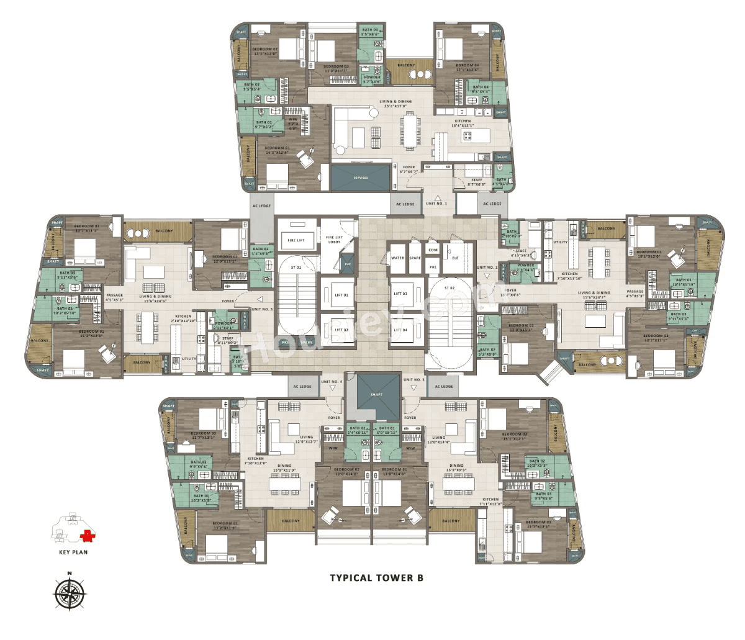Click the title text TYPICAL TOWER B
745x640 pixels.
click(x=376, y=578)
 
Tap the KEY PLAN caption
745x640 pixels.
click(x=73, y=552)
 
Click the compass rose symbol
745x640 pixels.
click(x=70, y=593)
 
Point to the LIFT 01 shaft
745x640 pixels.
click(x=341, y=295)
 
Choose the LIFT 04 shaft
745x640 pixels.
click(x=400, y=330)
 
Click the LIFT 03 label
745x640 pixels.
click(x=400, y=294)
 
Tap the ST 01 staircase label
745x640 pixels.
click(x=296, y=268)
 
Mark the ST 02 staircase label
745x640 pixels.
click(x=449, y=288)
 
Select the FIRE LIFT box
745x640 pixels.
click(x=296, y=240)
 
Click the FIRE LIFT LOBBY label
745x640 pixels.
click(x=334, y=239)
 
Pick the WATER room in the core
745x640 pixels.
click(x=397, y=258)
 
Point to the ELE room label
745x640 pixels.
click(x=455, y=258)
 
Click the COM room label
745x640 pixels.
click(x=433, y=250)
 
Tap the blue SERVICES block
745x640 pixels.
click(x=361, y=178)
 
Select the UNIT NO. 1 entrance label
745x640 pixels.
click(x=436, y=204)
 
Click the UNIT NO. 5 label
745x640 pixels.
click(x=261, y=309)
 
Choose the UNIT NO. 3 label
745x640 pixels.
click(x=414, y=380)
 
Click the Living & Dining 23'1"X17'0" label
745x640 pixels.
click(x=395, y=104)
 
